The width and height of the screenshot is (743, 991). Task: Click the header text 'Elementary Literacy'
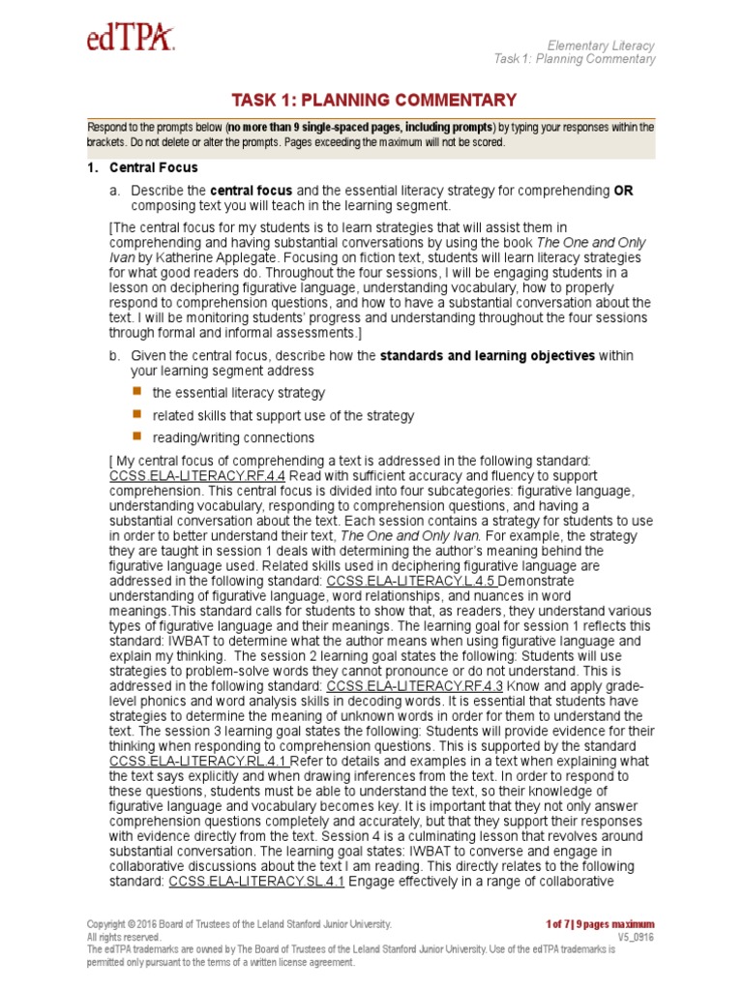(x=601, y=45)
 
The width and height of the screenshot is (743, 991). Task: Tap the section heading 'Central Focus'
(x=154, y=167)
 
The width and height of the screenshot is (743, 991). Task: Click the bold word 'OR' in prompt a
(x=623, y=191)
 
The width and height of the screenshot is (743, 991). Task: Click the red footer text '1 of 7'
(x=561, y=924)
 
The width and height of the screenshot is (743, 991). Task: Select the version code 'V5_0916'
(x=636, y=937)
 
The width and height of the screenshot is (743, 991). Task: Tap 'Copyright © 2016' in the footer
(x=125, y=924)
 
